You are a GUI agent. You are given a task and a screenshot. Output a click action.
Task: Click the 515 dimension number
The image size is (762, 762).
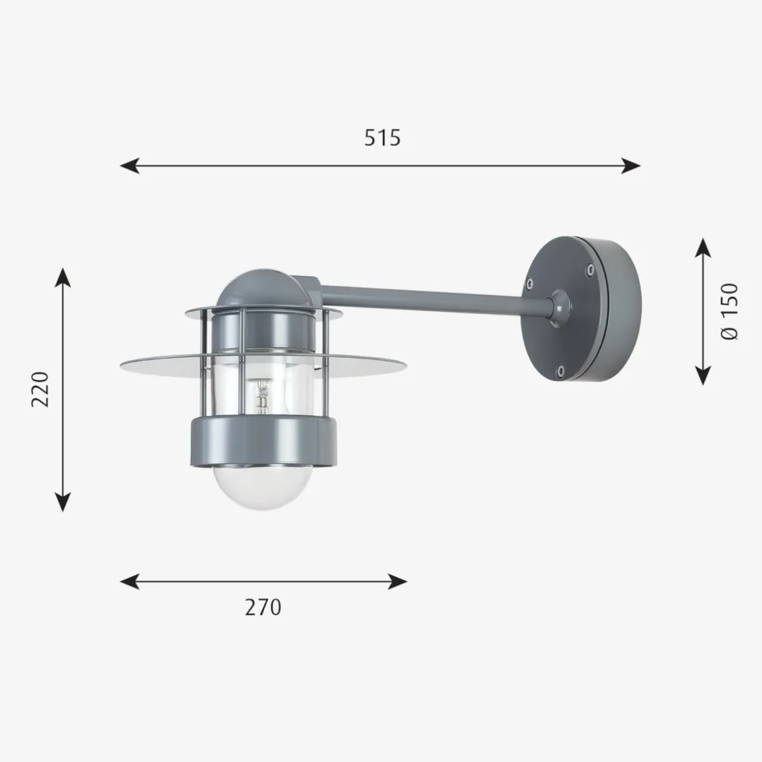(382, 137)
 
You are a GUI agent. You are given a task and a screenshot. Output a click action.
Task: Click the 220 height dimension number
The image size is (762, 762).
(40, 390)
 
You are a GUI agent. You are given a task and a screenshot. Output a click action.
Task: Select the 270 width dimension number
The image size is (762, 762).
(263, 608)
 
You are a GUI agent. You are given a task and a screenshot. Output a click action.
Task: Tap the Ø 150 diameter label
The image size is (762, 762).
(729, 311)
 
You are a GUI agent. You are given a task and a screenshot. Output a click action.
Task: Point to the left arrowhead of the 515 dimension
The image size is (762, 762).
(129, 166)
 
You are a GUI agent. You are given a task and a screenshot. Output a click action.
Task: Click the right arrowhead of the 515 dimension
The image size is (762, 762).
(631, 166)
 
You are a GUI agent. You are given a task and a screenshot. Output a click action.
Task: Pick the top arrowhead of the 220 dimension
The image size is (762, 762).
(62, 277)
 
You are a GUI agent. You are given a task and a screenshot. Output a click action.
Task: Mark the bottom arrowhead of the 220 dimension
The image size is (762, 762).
(62, 502)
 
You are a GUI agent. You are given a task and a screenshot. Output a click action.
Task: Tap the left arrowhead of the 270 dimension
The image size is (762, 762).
(129, 581)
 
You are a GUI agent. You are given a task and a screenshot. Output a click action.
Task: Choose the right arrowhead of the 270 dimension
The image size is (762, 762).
(397, 581)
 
